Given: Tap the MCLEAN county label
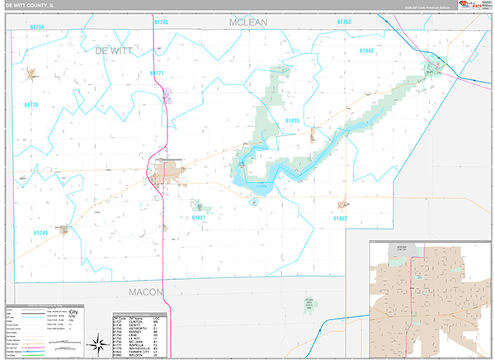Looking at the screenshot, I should coord(248,22).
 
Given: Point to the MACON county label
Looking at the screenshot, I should coord(146,292).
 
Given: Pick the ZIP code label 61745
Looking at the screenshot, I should coord(160,21).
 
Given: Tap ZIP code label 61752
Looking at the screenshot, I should coord(344,21).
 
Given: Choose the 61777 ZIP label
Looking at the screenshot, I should coord(158,73).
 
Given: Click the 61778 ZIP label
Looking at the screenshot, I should coord(31,105).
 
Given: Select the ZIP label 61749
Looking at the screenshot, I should coord(42,233).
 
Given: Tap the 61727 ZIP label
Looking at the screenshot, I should coord(200,218).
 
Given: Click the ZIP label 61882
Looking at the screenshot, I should coord(340,218).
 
